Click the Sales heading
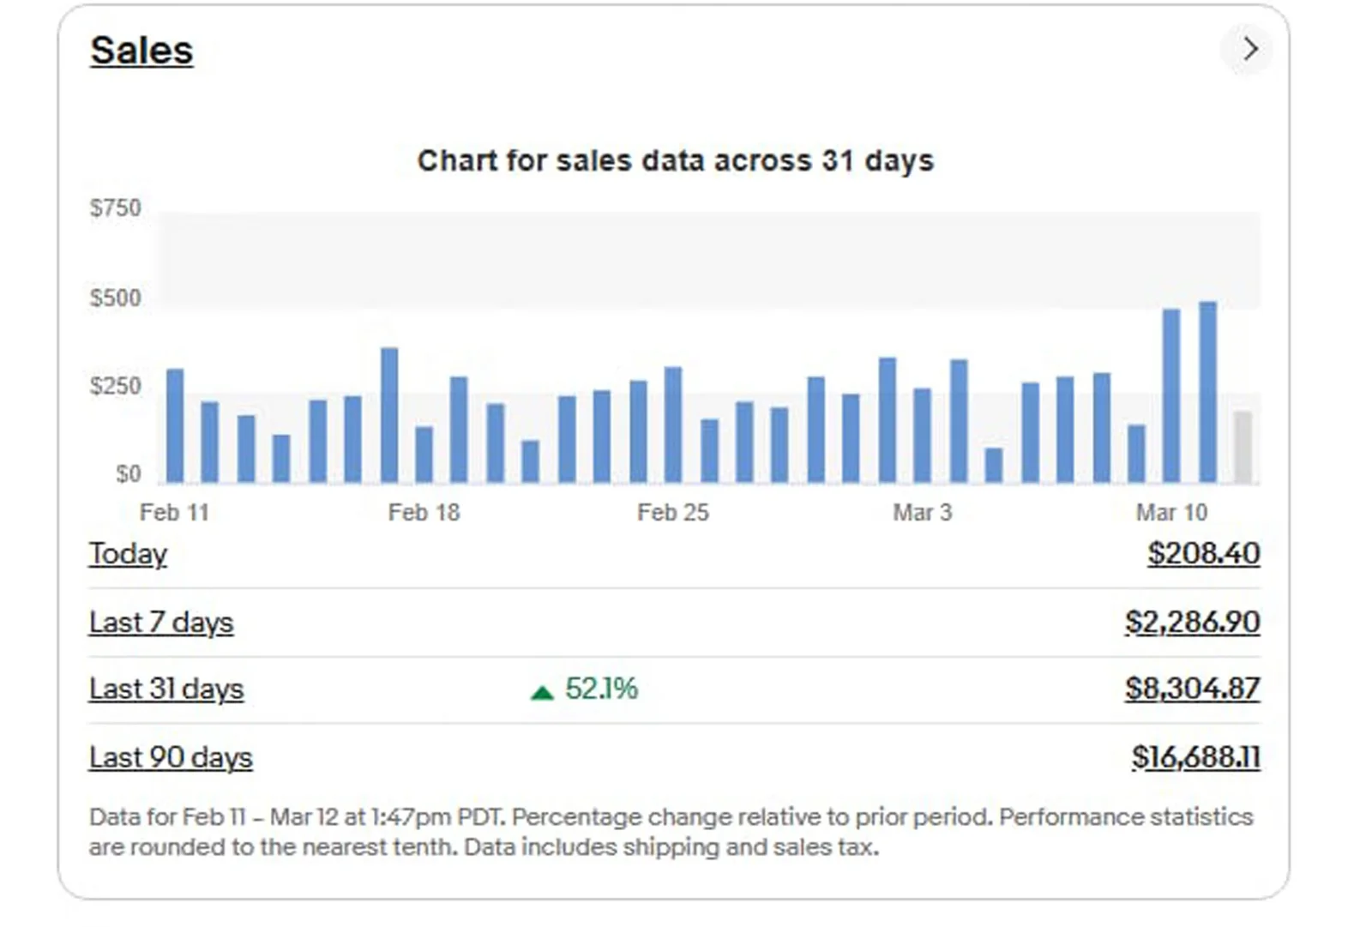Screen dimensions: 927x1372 [x=141, y=51]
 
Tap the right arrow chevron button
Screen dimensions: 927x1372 [x=1249, y=49]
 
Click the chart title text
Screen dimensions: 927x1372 [x=675, y=160]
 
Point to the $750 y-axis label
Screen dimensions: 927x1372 [x=116, y=208]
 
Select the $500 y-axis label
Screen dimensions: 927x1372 [x=116, y=298]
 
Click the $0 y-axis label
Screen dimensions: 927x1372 [x=128, y=474]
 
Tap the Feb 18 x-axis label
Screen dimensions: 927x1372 [x=424, y=513]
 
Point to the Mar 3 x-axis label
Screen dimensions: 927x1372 [x=922, y=513]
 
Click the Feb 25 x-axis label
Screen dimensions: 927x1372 [x=673, y=513]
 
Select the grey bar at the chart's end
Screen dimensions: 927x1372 [x=1243, y=447]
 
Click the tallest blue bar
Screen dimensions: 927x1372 [x=1207, y=392]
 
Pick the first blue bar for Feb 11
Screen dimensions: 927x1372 [x=175, y=425]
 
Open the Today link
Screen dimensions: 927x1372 [x=128, y=554]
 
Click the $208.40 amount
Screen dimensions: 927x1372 [x=1204, y=554]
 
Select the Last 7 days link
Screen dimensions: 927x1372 [x=161, y=623]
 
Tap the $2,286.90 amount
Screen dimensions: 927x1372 [x=1193, y=623]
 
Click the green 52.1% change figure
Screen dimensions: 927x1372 [x=601, y=689]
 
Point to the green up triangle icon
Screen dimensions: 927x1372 [x=542, y=692]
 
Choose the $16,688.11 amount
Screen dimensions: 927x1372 [x=1195, y=757]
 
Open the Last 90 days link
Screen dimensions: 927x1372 [x=171, y=758]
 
